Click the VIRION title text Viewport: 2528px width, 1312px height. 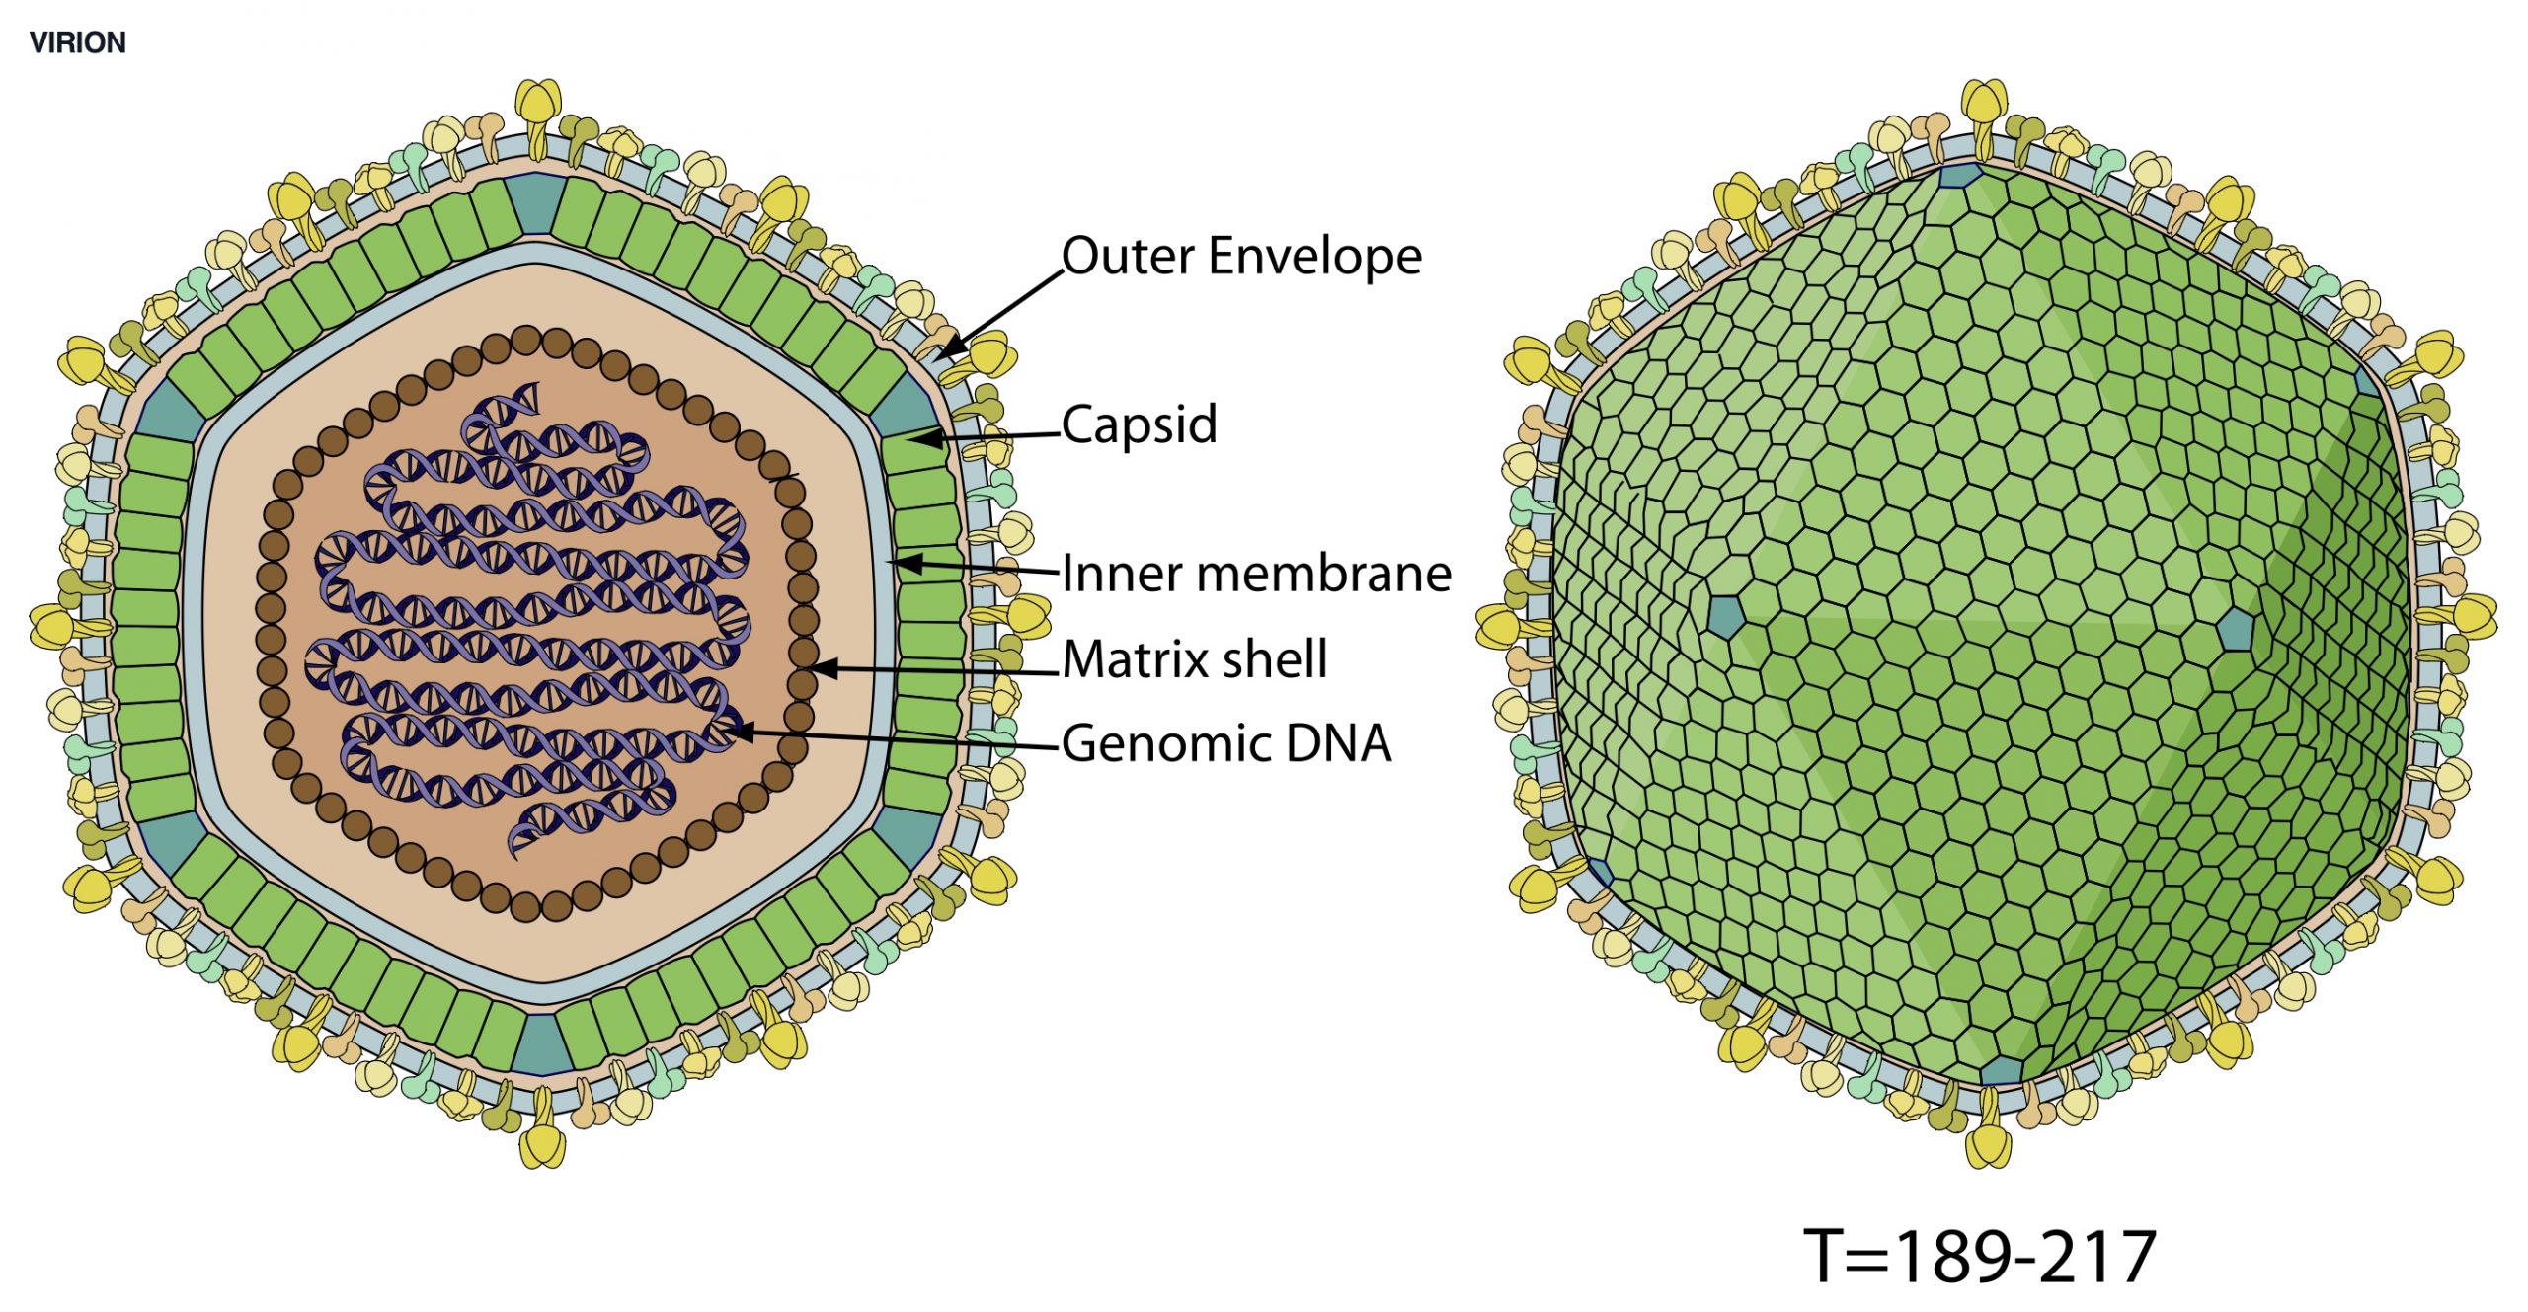tap(77, 42)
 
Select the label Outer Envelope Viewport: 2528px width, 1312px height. tap(1241, 257)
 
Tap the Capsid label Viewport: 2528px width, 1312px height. tap(1139, 425)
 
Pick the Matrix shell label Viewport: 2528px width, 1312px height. tap(1195, 659)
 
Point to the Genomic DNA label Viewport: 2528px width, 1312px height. tap(1226, 743)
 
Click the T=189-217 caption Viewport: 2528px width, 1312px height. tap(1979, 1257)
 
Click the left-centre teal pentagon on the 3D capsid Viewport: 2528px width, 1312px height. tap(1725, 615)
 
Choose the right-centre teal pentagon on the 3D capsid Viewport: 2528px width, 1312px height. tap(2235, 629)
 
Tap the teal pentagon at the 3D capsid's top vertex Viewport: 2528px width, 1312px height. tap(1960, 175)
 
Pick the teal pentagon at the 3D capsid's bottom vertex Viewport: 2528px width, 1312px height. tap(2002, 1070)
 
